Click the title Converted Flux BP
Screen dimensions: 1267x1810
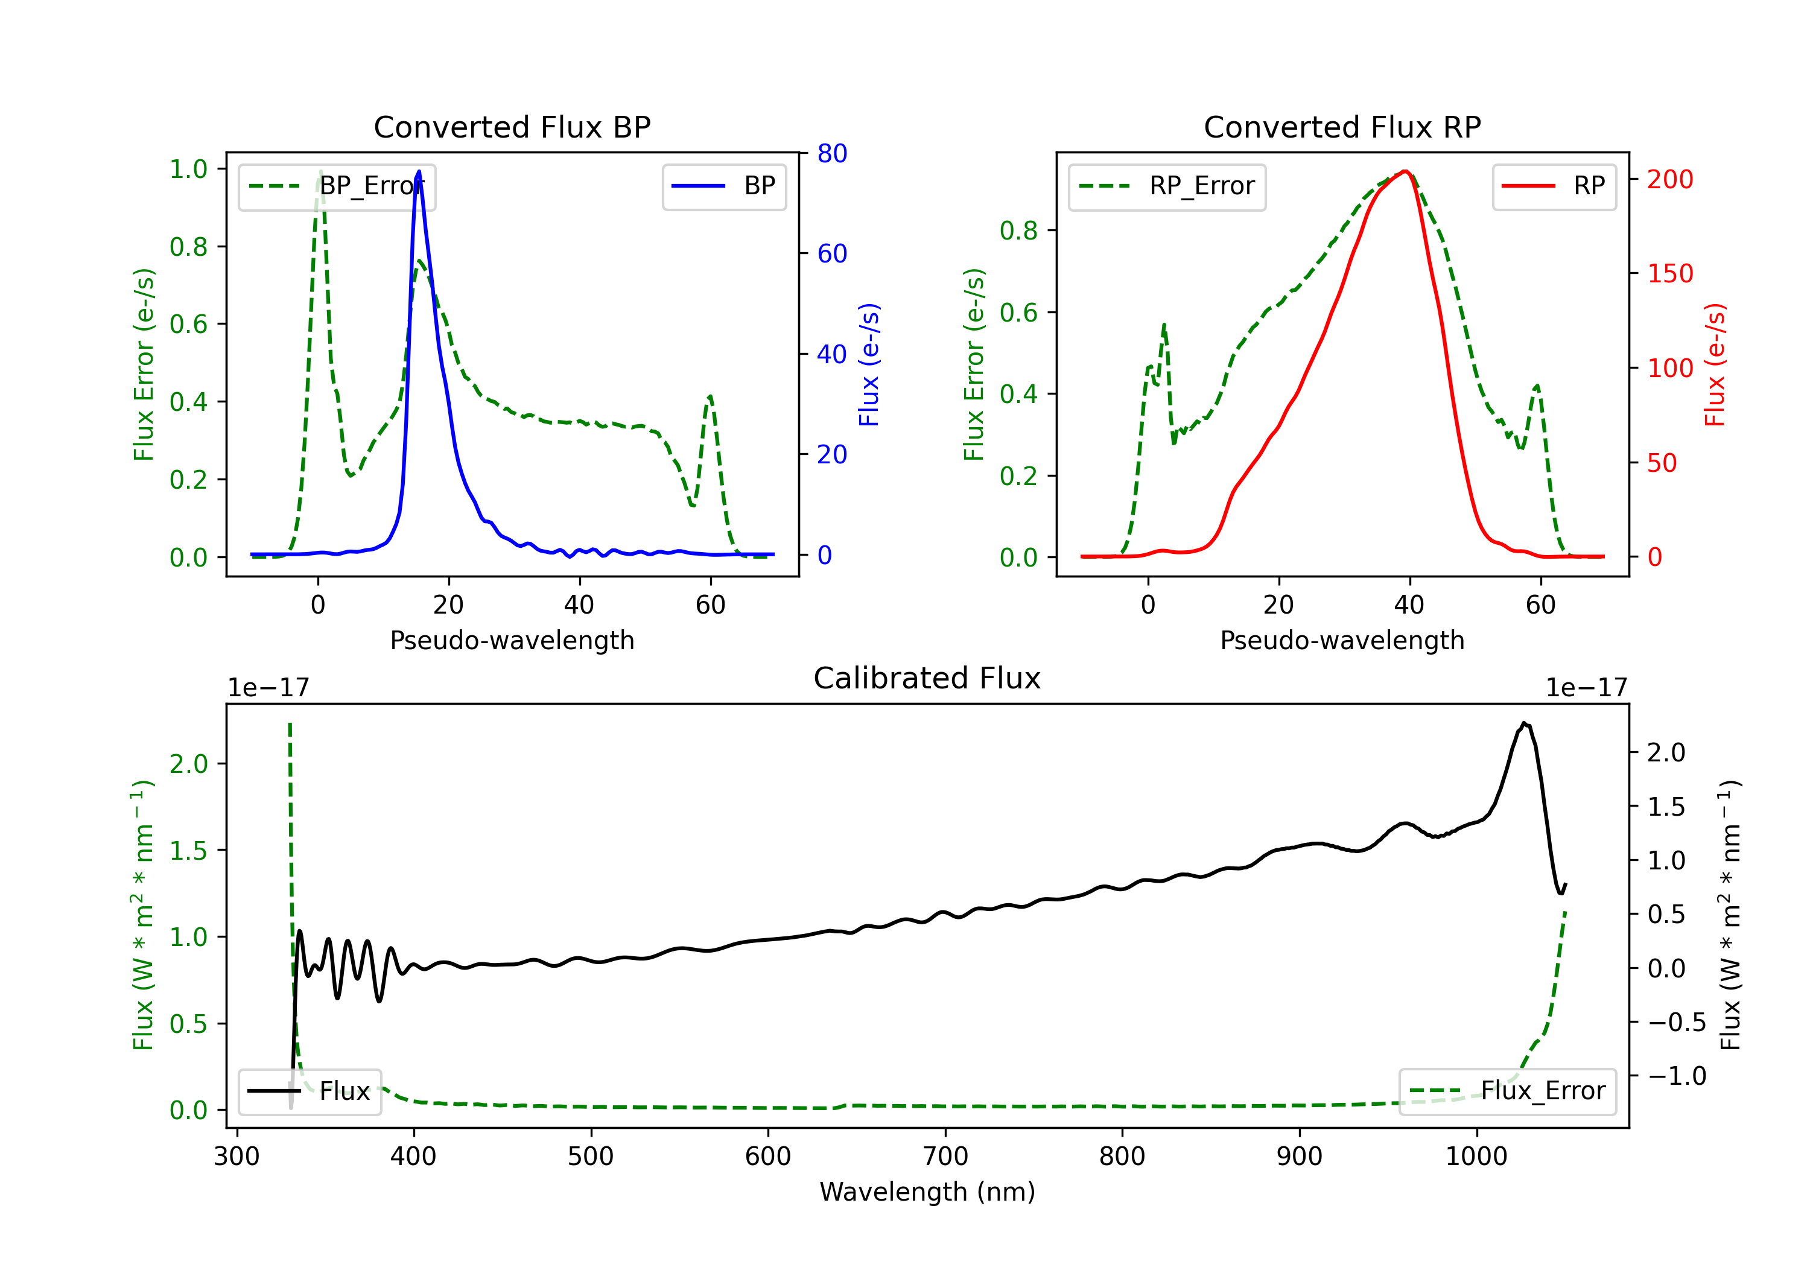(x=512, y=127)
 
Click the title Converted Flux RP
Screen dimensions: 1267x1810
(x=1342, y=127)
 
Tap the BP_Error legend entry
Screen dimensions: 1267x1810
(x=337, y=186)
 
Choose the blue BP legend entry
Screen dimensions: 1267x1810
(x=723, y=186)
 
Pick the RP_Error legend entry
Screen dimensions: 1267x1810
(x=1167, y=186)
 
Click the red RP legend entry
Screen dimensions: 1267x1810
(x=1554, y=186)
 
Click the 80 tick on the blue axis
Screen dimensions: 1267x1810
(x=831, y=153)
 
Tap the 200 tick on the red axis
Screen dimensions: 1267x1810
(x=1669, y=179)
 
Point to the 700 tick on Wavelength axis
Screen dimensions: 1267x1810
(x=945, y=1156)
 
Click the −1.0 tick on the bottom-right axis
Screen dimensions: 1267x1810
(x=1676, y=1075)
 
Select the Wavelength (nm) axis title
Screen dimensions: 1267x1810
(x=927, y=1192)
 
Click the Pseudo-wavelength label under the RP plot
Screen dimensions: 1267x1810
(x=1342, y=640)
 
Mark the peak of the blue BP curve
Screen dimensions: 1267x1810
(x=419, y=171)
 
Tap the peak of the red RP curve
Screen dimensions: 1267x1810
(x=1405, y=171)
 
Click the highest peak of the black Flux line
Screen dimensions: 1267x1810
(x=1524, y=722)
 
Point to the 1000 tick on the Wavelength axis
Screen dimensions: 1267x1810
(x=1476, y=1156)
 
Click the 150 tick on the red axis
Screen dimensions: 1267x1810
(x=1669, y=273)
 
